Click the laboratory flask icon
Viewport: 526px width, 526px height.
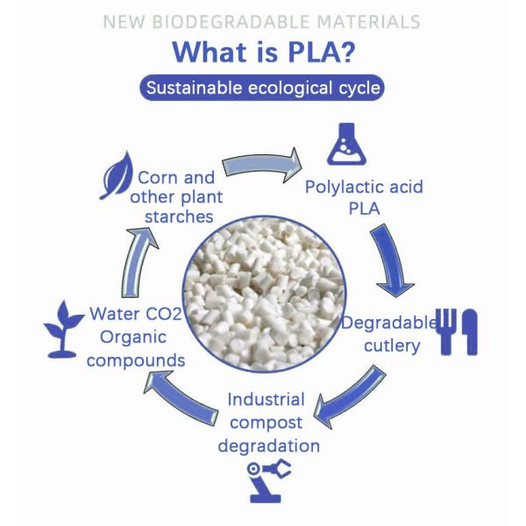tap(346, 144)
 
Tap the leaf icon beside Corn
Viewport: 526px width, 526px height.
tap(117, 175)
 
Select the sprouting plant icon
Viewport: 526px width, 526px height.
tap(63, 330)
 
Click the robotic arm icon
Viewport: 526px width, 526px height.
tap(268, 480)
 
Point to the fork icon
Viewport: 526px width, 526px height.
tap(447, 331)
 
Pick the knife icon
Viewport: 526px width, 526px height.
tap(469, 331)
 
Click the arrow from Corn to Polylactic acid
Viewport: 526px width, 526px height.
tap(262, 165)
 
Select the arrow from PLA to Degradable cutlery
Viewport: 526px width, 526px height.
tap(393, 260)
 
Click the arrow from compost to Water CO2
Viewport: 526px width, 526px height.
tap(181, 399)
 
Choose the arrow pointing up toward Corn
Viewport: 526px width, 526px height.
tap(139, 261)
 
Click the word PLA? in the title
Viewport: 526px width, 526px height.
tap(322, 52)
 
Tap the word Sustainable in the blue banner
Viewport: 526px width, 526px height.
tap(195, 88)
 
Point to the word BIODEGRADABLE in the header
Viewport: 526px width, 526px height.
tap(231, 22)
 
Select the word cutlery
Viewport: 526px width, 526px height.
tap(392, 346)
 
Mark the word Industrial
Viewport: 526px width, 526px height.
tap(266, 400)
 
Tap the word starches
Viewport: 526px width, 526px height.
tap(179, 217)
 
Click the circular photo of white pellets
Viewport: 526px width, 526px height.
tap(265, 294)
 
